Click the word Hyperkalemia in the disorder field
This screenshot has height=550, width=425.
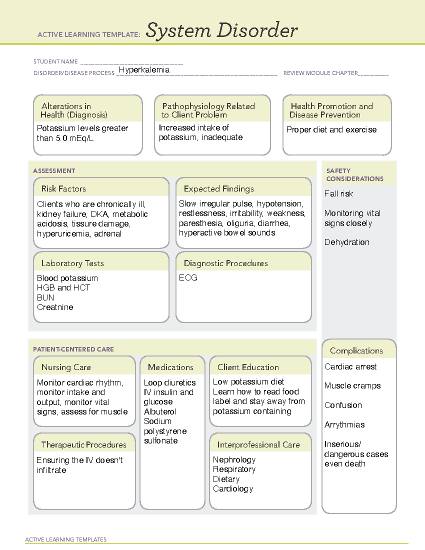click(x=144, y=70)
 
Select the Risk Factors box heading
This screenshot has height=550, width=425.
click(x=63, y=189)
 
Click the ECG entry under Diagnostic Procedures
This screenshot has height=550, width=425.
click(x=188, y=278)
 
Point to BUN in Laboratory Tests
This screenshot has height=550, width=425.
click(x=45, y=297)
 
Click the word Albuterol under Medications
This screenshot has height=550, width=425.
click(x=160, y=412)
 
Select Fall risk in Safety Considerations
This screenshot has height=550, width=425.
click(x=339, y=194)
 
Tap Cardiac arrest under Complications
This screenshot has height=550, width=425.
click(x=350, y=367)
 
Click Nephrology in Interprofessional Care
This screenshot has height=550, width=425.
click(x=234, y=460)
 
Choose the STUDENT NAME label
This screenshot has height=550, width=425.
click(x=56, y=62)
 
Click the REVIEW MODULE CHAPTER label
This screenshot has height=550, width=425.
click(x=321, y=73)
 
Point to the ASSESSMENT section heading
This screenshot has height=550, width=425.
click(x=54, y=171)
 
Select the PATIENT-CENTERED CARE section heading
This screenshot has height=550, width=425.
click(x=73, y=349)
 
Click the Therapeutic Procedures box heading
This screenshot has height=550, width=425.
click(x=84, y=444)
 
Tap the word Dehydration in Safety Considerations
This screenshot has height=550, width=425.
click(x=347, y=242)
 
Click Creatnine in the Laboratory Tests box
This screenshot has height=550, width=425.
click(x=55, y=307)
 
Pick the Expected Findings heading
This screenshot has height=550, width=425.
click(x=219, y=189)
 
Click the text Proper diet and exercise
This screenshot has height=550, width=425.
click(x=331, y=130)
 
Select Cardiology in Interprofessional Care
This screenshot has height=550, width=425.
click(x=233, y=489)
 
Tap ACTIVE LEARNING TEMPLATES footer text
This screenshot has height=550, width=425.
click(x=66, y=539)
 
